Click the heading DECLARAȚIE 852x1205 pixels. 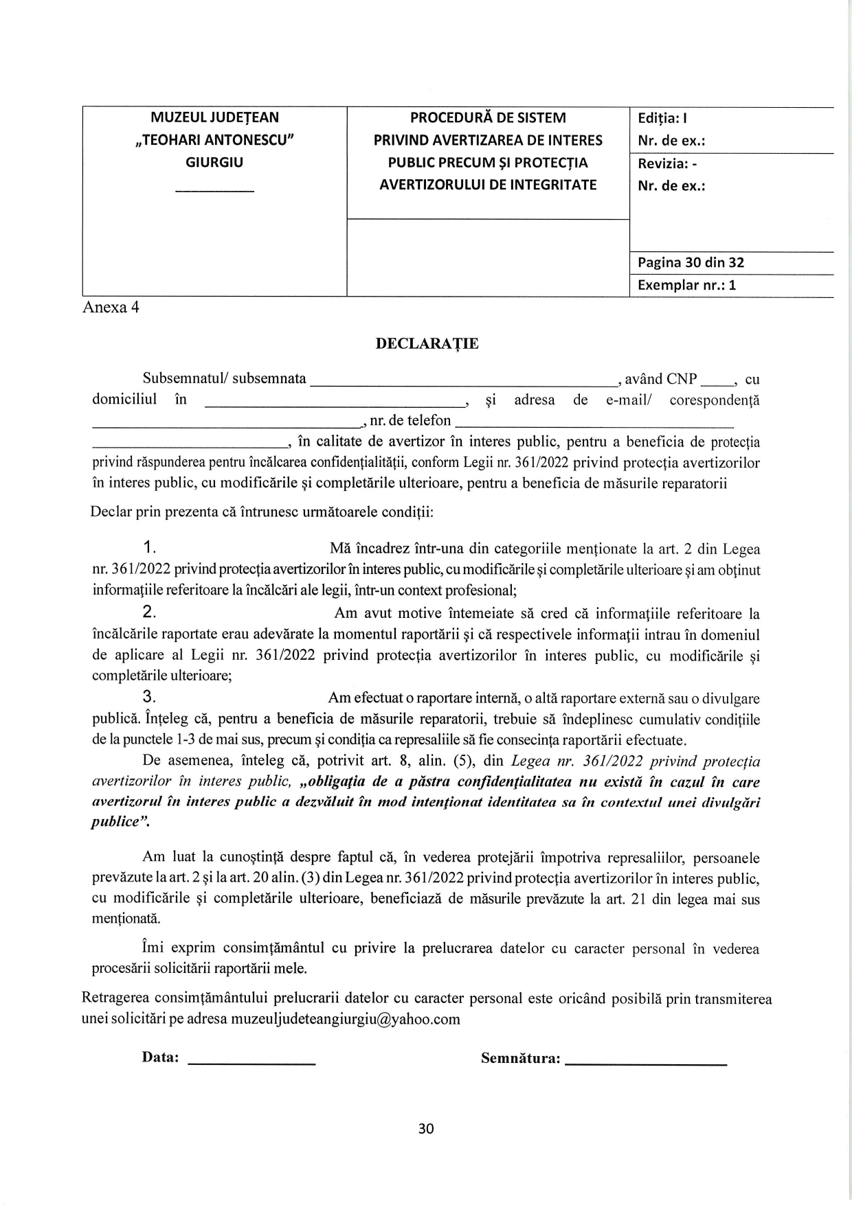point(427,344)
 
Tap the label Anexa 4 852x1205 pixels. point(111,308)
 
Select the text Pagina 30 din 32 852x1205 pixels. point(691,262)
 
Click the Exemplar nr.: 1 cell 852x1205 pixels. point(686,285)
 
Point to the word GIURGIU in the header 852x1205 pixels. point(214,163)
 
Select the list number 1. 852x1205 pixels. point(150,547)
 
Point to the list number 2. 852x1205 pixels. point(150,612)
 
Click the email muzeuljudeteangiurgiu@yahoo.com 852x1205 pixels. point(346,1019)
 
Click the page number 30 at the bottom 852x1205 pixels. point(426,1129)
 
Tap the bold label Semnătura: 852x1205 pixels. point(520,1058)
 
